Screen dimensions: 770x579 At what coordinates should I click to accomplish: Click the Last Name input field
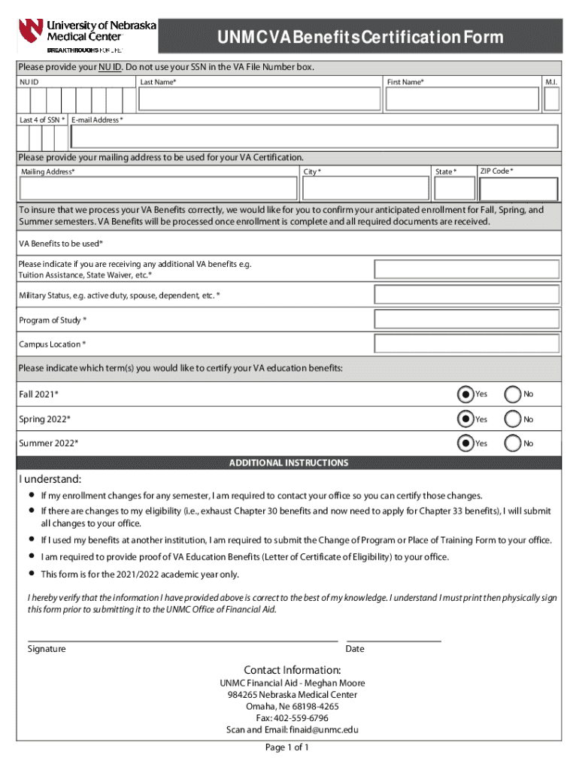point(259,99)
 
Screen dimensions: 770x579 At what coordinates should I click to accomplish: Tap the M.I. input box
point(551,99)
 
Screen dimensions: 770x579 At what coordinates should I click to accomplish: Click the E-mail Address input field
point(314,137)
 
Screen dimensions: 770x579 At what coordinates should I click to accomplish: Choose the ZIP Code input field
point(518,189)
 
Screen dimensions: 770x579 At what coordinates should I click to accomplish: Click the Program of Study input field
point(467,320)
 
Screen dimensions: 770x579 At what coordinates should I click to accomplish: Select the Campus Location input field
point(467,344)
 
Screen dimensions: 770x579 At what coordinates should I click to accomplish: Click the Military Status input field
point(467,296)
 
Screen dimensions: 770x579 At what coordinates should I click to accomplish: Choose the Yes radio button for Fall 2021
point(465,394)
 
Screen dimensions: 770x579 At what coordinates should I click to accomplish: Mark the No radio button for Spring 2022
point(513,419)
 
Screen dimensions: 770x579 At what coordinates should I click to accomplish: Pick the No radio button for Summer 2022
point(513,444)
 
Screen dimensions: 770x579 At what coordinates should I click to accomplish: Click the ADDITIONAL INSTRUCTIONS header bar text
point(289,463)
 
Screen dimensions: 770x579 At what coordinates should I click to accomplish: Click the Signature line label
point(47,649)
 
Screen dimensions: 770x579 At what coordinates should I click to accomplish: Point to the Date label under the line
point(355,649)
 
